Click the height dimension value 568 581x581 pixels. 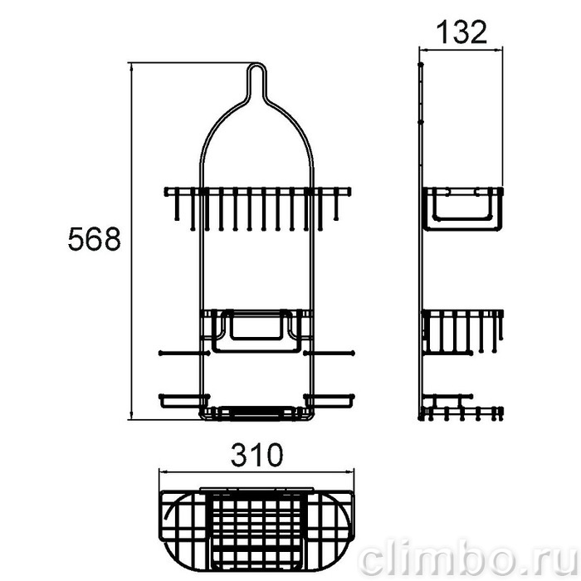tap(95, 239)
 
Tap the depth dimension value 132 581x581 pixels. tap(461, 32)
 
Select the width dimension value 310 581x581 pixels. tap(256, 456)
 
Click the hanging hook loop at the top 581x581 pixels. tap(256, 74)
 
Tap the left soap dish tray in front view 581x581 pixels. tap(184, 401)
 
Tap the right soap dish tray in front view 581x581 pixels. tap(329, 401)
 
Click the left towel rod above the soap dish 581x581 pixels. tap(184, 353)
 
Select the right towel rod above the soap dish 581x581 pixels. tap(329, 353)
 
